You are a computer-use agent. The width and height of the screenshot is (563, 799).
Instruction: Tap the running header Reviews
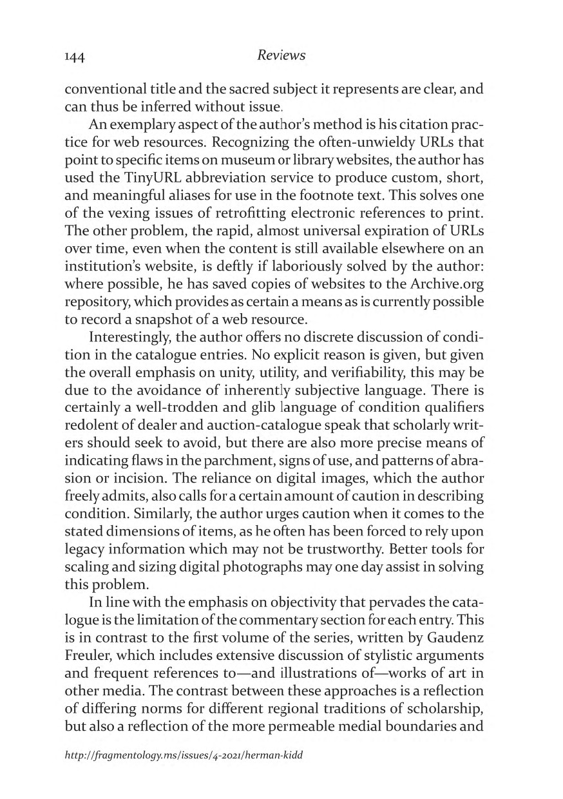[x=281, y=55]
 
